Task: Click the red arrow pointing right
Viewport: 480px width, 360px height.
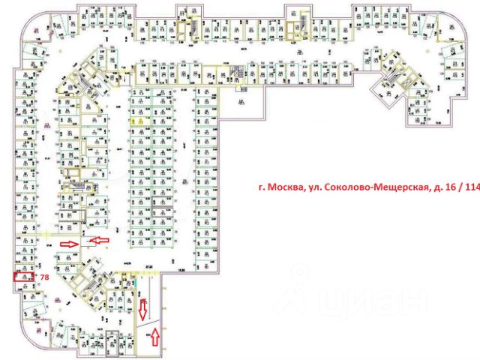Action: pos(70,244)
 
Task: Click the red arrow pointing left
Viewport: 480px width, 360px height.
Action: pos(99,240)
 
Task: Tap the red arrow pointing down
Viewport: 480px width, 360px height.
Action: pos(143,307)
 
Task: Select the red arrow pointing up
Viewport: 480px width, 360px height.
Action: pos(155,337)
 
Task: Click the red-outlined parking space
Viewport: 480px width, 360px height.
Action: pos(24,277)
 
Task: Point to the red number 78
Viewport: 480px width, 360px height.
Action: pos(44,277)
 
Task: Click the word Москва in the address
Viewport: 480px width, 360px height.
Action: pos(281,188)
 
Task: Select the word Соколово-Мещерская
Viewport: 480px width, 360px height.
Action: pos(367,188)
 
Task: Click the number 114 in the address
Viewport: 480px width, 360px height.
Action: pos(472,188)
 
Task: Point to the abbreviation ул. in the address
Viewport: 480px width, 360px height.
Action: pos(310,188)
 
